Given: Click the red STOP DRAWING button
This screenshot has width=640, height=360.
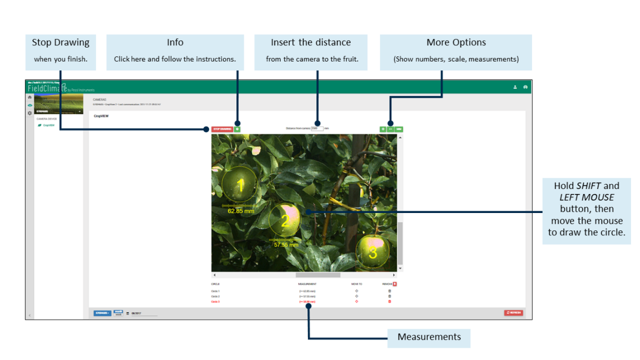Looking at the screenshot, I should [222, 129].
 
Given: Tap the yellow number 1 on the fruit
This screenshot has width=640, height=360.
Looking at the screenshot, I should [241, 186].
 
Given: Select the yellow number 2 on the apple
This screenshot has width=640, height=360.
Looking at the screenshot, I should [285, 221].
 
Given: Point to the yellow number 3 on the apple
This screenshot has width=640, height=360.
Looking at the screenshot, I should [373, 252].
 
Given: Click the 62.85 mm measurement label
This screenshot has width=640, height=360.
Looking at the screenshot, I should [241, 211].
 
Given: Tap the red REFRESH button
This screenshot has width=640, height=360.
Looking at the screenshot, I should [514, 313].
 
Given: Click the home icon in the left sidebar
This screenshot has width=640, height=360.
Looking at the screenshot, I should [30, 97].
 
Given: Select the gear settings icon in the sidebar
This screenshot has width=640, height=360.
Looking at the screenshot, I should [30, 113].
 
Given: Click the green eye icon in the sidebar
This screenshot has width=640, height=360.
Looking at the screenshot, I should [30, 105].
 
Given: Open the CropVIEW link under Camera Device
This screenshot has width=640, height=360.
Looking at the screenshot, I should [49, 125].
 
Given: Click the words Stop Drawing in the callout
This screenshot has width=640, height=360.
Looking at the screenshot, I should [60, 42].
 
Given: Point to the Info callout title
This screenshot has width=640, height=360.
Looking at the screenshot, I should [175, 42].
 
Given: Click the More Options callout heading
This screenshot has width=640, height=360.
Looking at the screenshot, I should [456, 42].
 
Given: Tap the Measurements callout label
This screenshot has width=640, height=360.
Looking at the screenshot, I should [429, 337].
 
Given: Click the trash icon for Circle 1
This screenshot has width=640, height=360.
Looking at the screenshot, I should [390, 291].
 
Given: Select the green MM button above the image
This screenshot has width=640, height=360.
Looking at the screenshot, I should [399, 129].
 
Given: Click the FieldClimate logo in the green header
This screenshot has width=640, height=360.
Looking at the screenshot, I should [49, 88].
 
